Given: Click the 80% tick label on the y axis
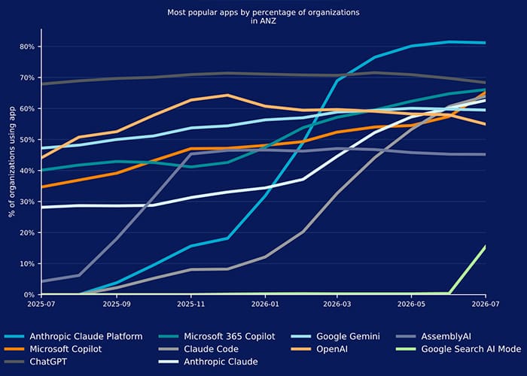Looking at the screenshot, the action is [x=27, y=47].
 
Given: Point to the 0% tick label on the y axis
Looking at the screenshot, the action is [x=29, y=295].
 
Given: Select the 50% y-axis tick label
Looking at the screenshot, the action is [x=27, y=140].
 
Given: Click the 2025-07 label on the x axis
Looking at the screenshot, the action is [x=41, y=304].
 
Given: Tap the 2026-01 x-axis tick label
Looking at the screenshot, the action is [x=265, y=304].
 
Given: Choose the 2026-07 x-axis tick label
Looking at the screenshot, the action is [x=486, y=304].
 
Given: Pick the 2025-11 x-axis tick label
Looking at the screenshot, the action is [x=191, y=304].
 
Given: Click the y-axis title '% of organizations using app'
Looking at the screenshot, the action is [x=12, y=162].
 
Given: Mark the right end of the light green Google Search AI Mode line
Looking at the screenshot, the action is [x=486, y=247].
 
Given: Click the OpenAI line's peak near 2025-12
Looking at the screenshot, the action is [x=228, y=95].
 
